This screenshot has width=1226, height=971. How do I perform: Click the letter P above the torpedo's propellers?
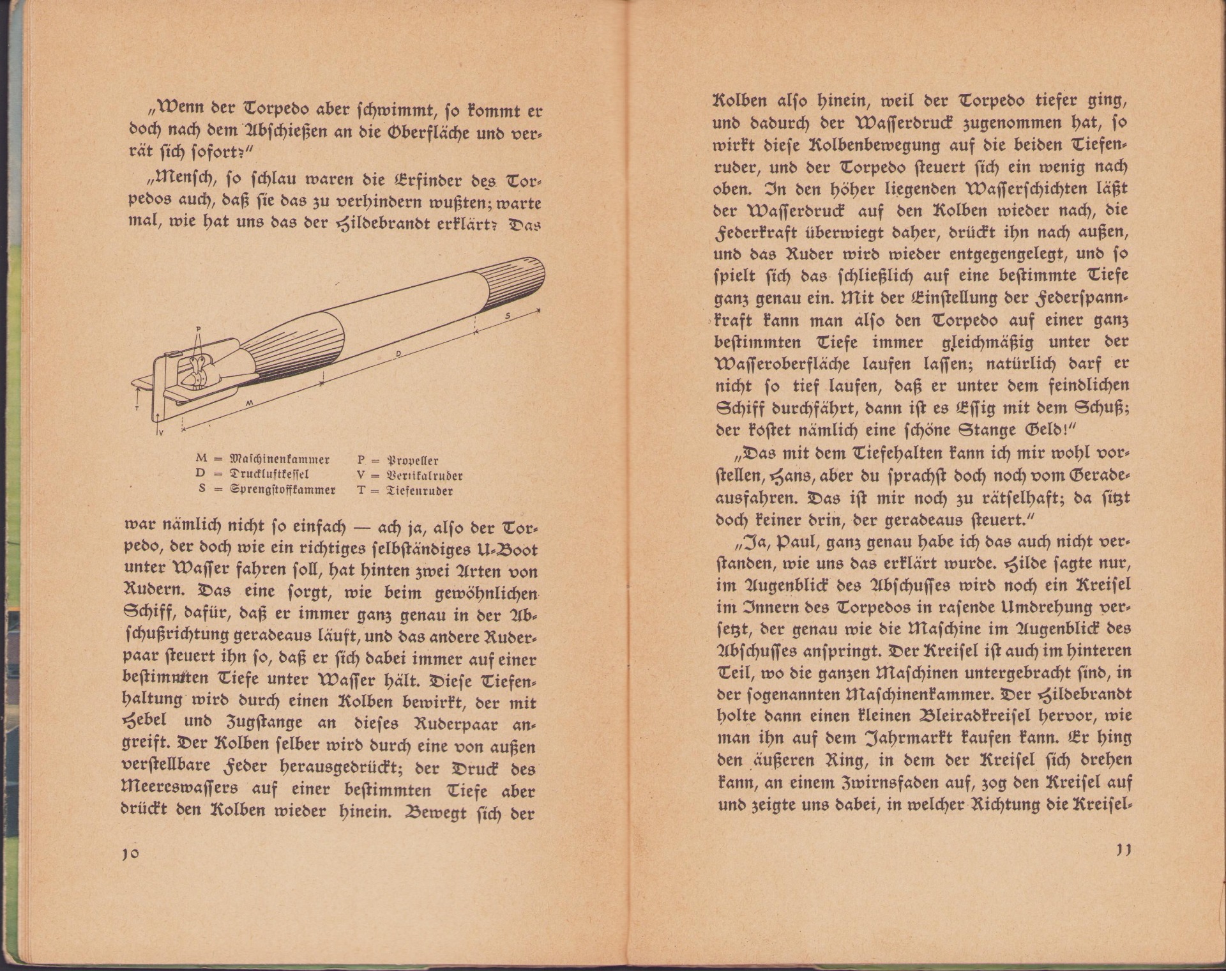199,330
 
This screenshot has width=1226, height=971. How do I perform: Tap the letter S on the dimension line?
508,316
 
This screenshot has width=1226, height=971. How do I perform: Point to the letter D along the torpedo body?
398,353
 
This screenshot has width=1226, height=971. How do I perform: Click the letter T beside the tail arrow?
137,407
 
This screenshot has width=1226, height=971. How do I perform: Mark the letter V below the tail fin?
160,432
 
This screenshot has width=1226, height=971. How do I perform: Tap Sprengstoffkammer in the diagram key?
283,491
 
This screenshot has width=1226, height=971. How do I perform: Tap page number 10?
130,855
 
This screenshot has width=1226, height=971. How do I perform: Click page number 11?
1123,851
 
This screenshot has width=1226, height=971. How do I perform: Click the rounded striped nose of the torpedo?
520,280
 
